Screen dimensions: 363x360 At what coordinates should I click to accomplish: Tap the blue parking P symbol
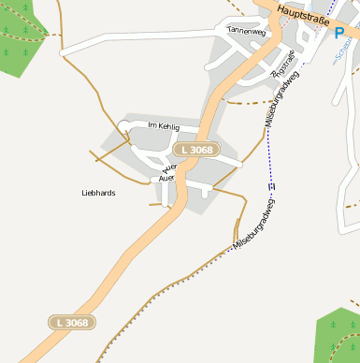tap(339, 33)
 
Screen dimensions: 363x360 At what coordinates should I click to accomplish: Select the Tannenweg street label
tap(247, 31)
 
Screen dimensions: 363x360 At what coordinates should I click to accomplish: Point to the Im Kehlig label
tap(163, 125)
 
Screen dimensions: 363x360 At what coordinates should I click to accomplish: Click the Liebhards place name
tap(98, 193)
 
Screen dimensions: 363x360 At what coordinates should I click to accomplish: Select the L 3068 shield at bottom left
tap(72, 322)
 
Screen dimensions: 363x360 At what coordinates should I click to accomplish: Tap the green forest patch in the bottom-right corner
tap(339, 337)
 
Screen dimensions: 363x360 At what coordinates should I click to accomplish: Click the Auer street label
tap(166, 177)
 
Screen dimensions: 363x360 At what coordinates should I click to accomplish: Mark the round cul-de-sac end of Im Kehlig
tap(124, 126)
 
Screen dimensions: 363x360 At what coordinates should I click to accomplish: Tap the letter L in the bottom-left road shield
tap(60, 322)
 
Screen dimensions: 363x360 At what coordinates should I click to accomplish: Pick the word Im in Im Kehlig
tap(151, 125)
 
